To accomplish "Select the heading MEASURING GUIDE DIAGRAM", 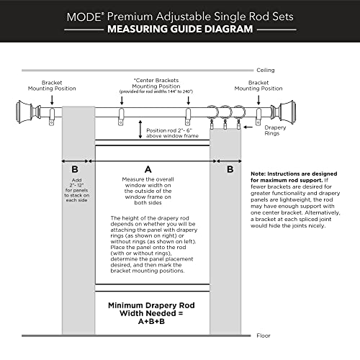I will tap(179, 30).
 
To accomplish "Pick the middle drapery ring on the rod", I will tap(225, 114).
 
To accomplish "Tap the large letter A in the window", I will tap(148, 168).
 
